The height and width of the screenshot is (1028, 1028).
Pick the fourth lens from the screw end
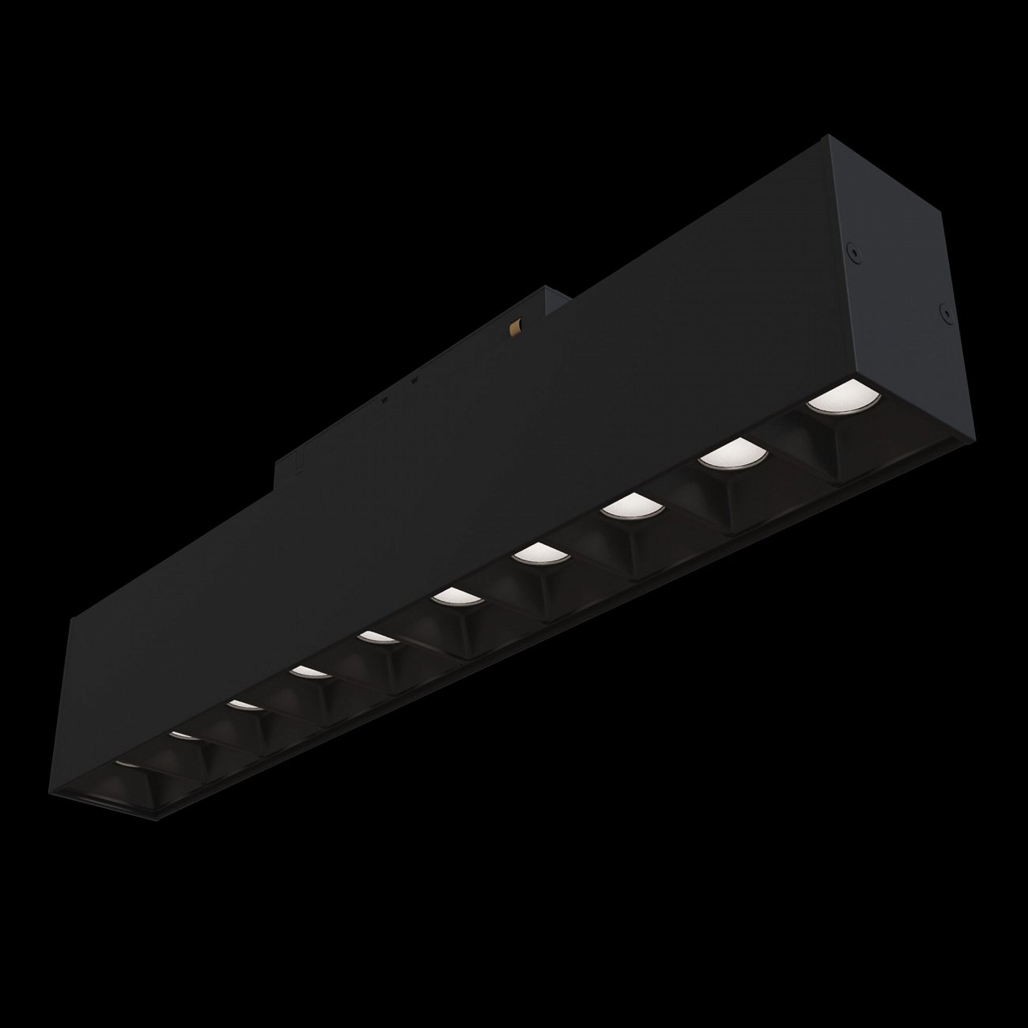(538, 552)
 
